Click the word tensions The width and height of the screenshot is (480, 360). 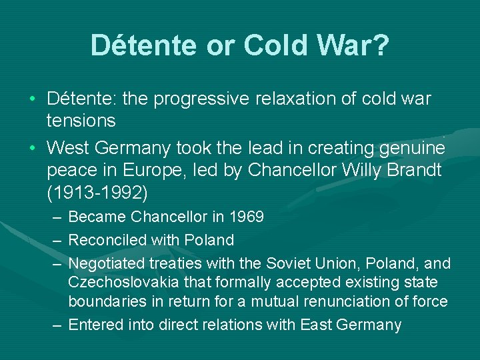[x=81, y=121]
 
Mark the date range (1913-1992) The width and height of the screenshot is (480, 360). [x=98, y=193]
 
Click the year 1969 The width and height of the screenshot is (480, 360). [x=246, y=217]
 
